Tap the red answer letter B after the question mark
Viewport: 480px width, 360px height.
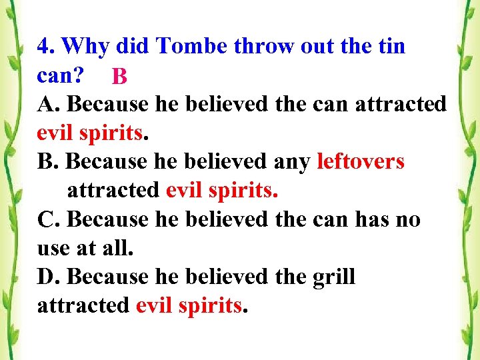coord(119,77)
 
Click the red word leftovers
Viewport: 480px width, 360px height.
coord(361,162)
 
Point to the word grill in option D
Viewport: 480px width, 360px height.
coord(334,277)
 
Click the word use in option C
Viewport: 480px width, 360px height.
coord(52,249)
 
